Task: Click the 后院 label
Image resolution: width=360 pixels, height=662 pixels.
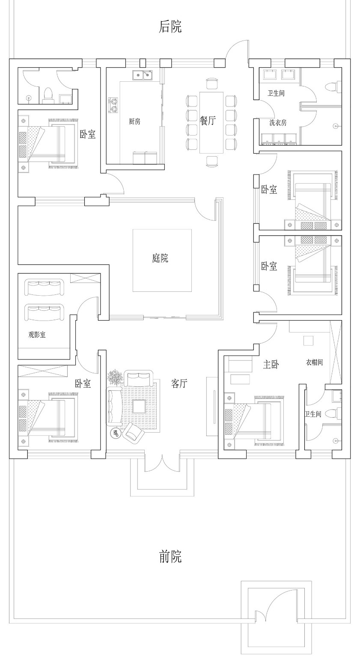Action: (170, 27)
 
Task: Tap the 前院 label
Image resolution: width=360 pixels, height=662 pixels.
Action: (170, 557)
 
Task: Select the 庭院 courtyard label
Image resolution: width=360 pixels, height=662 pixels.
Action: (160, 258)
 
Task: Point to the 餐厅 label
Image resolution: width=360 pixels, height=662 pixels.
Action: (208, 121)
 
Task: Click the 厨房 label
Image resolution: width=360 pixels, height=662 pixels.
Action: (134, 122)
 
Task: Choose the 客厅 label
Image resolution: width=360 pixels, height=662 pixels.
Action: (179, 383)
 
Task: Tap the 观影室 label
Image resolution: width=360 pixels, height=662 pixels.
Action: (37, 335)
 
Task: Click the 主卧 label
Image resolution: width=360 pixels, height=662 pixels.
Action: (271, 365)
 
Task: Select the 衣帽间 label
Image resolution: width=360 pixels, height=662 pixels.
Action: (314, 362)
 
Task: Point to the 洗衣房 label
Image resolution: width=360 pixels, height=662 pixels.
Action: (278, 123)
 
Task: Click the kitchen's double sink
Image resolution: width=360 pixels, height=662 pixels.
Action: (142, 75)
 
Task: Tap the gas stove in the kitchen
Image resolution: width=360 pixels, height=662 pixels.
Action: (113, 105)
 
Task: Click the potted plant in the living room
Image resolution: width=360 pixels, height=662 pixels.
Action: (116, 378)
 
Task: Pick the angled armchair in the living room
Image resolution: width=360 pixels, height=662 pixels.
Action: (133, 434)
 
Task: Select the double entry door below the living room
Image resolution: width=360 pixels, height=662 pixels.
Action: (162, 462)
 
